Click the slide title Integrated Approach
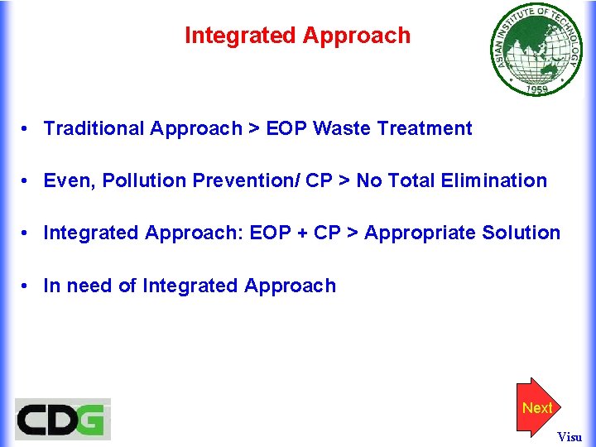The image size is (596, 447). tap(297, 36)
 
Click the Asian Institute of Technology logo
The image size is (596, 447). tap(536, 50)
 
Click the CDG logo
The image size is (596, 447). tap(63, 419)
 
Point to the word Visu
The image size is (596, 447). tap(570, 436)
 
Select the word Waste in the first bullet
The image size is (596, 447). tap(343, 128)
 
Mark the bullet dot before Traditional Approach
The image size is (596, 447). tap(27, 129)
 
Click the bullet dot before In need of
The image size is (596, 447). tap(27, 286)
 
